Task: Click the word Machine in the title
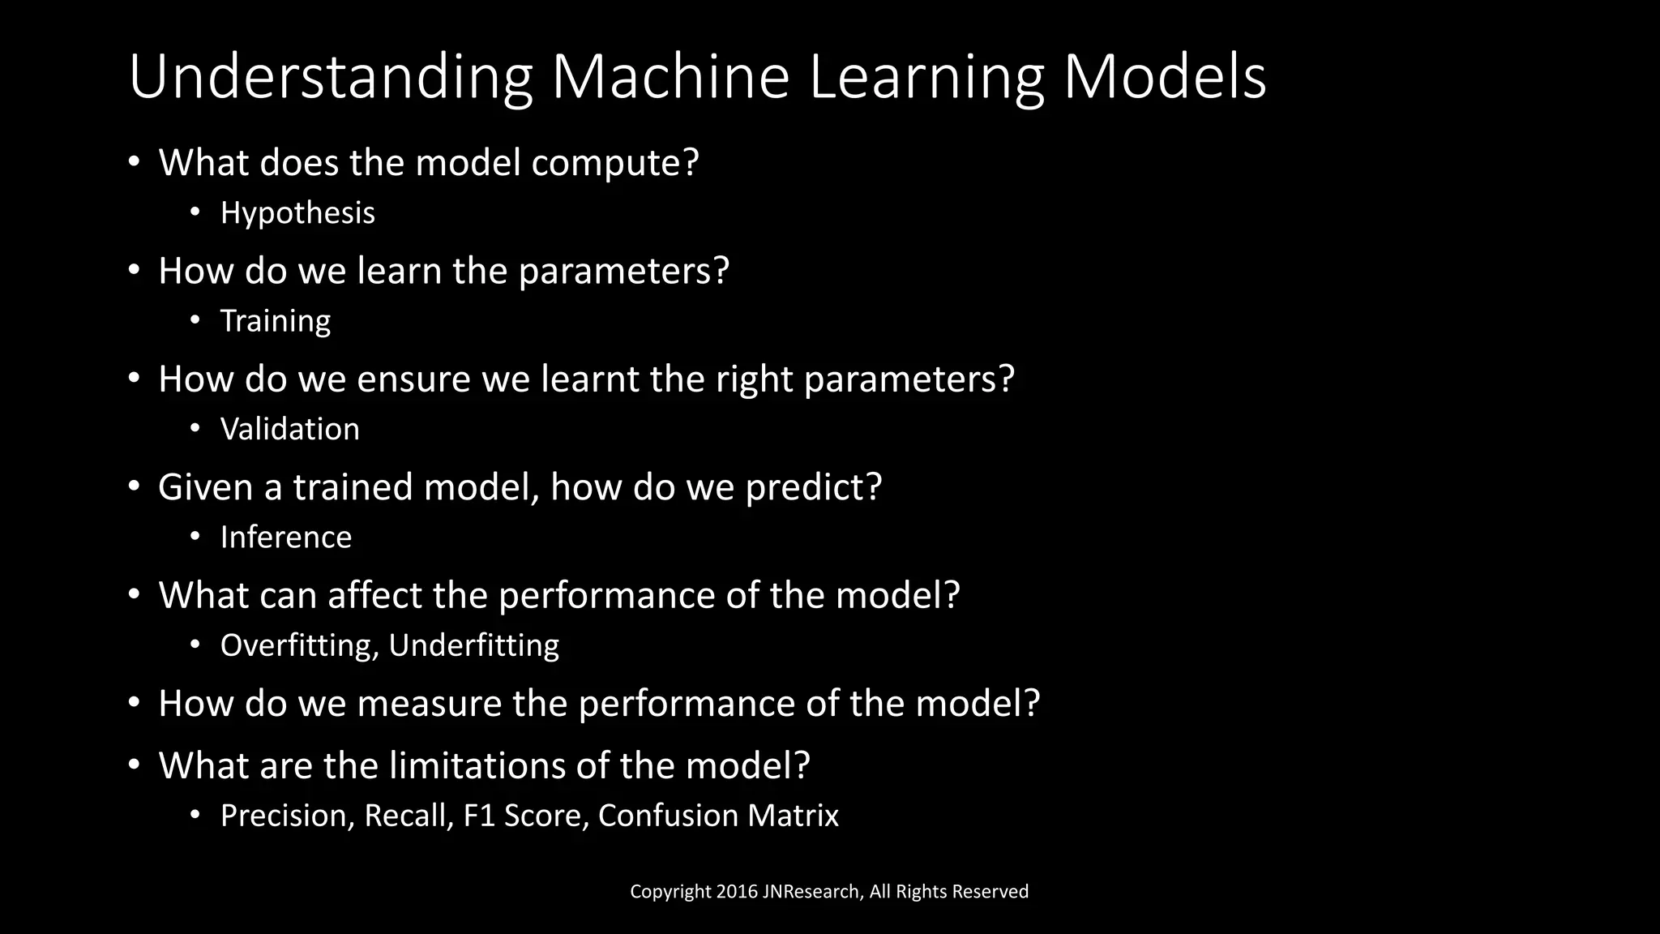[x=670, y=77]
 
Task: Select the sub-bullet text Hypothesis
[x=297, y=213]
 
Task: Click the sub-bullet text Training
[x=276, y=321]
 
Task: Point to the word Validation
[x=289, y=429]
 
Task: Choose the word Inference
[x=286, y=537]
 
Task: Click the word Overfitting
[x=296, y=645]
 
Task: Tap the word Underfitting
[x=474, y=645]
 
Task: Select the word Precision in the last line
[x=287, y=816]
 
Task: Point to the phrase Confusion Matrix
[x=718, y=816]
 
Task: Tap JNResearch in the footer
[x=811, y=892]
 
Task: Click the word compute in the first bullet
[x=614, y=163]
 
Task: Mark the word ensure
[x=413, y=379]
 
